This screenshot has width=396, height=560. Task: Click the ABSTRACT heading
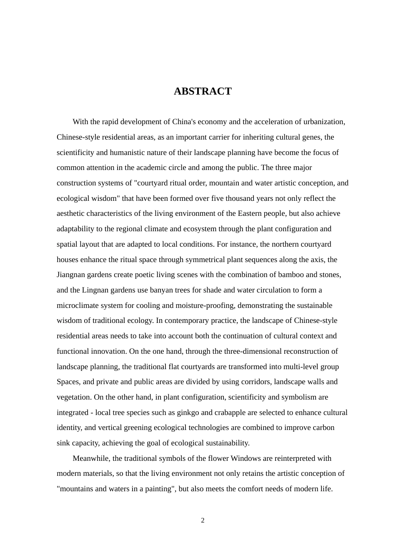(203, 91)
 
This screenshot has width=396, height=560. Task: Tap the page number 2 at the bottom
(203, 520)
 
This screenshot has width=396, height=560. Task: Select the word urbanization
(323, 122)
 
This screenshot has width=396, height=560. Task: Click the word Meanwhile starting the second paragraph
(91, 458)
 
